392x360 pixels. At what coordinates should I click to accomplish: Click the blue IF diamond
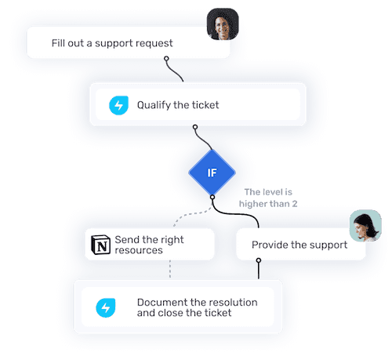pyautogui.click(x=212, y=173)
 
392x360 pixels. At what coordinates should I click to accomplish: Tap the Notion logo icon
pyautogui.click(x=100, y=245)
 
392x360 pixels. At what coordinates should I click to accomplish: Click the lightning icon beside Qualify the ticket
pyautogui.click(x=118, y=105)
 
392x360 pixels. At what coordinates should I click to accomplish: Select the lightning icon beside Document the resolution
pyautogui.click(x=106, y=307)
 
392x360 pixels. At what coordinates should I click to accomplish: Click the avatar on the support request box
pyautogui.click(x=223, y=24)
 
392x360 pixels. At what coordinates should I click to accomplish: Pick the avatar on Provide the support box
pyautogui.click(x=365, y=225)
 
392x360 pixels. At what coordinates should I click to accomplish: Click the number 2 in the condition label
pyautogui.click(x=295, y=204)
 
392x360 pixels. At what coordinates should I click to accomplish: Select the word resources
pyautogui.click(x=139, y=250)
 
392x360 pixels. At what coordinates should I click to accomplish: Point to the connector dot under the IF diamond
pyautogui.click(x=212, y=197)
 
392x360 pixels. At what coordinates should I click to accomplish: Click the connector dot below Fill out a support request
pyautogui.click(x=166, y=59)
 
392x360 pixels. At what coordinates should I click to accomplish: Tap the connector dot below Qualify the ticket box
pyautogui.click(x=195, y=127)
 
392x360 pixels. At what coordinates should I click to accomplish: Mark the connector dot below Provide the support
pyautogui.click(x=259, y=260)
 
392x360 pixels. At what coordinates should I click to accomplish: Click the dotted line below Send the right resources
pyautogui.click(x=170, y=269)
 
